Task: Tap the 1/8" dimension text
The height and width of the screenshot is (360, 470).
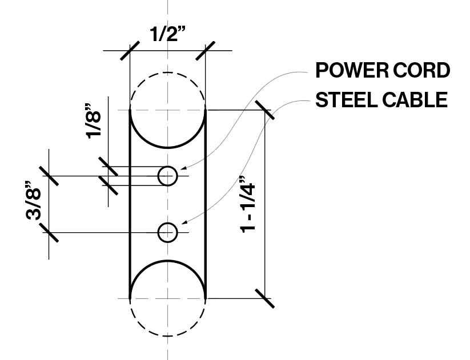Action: [x=92, y=120]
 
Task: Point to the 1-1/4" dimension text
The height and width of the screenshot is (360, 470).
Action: [x=248, y=203]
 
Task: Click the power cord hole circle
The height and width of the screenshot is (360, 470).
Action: [x=167, y=176]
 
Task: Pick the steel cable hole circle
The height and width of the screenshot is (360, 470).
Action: [x=167, y=232]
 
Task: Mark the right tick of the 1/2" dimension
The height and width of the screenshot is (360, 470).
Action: [x=205, y=51]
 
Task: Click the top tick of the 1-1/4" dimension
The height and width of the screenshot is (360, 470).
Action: [x=266, y=110]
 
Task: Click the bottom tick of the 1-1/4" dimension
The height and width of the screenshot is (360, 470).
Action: [x=266, y=298]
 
